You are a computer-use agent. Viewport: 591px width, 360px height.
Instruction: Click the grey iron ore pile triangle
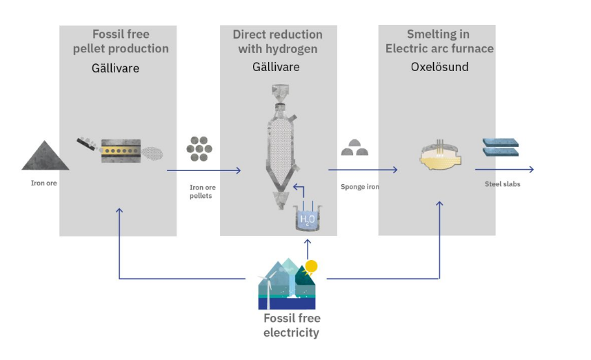45,157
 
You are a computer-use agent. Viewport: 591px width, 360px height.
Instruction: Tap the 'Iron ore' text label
43,183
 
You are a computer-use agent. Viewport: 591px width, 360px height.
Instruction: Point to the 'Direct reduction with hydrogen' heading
277,41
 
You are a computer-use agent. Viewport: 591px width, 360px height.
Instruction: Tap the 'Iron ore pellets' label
203,191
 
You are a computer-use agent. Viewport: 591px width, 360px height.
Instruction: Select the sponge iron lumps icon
355,148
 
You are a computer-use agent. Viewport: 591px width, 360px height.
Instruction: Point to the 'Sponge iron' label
360,186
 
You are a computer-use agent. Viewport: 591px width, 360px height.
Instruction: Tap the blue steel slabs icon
501,147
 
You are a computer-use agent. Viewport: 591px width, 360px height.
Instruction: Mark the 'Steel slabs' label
502,184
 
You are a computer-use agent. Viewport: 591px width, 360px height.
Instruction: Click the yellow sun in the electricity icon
311,266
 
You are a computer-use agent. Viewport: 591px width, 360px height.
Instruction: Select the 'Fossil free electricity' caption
292,325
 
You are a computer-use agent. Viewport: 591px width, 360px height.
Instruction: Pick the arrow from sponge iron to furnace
363,170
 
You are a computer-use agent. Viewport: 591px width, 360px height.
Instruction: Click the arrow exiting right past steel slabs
504,170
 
